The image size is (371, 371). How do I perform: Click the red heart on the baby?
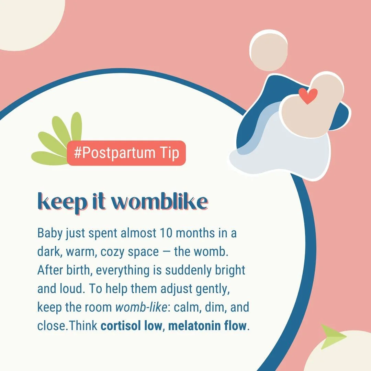point(308,96)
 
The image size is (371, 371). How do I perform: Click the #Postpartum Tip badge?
point(126,153)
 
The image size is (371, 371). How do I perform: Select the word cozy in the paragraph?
point(113,252)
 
